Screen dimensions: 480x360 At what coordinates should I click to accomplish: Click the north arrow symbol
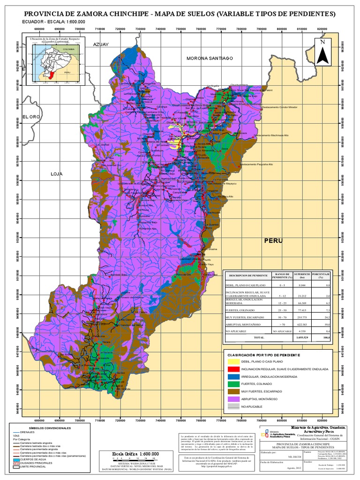coord(322,52)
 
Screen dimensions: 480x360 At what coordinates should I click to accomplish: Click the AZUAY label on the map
coord(100,44)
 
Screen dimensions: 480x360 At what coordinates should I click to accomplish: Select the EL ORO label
coord(29,116)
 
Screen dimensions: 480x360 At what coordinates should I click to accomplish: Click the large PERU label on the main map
coord(274,240)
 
